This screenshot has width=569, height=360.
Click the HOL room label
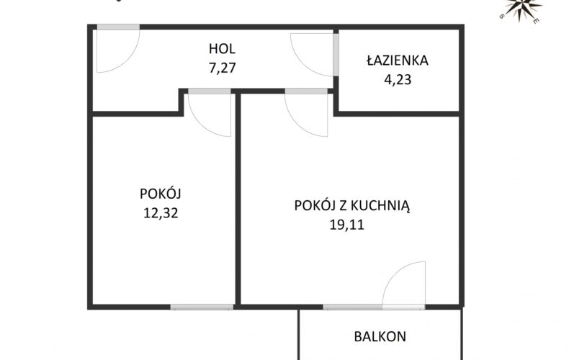[222, 49]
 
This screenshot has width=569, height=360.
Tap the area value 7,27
[222, 68]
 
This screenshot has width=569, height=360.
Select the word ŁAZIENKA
[398, 60]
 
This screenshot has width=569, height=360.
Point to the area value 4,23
[398, 79]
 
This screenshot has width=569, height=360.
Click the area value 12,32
[161, 212]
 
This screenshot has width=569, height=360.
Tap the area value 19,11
[346, 225]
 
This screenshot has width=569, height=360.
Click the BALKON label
[380, 336]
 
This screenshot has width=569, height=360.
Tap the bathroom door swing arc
[303, 63]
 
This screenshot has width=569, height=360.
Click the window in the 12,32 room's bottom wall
[202, 307]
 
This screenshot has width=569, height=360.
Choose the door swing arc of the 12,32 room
[201, 124]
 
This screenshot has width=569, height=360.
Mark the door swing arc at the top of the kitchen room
[297, 124]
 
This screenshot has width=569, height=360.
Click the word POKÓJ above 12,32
[161, 193]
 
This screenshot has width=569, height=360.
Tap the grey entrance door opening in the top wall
[118, 27]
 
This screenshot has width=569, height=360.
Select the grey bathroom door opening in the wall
[336, 55]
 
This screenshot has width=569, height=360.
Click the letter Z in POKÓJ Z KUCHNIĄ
[342, 206]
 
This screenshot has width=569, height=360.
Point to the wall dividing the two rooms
[238, 199]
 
